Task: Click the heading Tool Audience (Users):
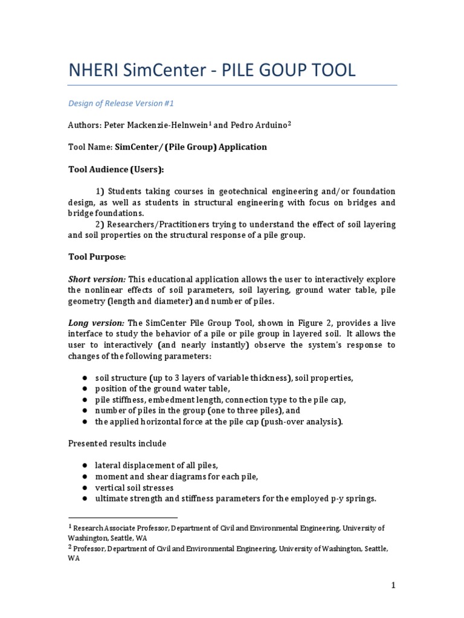click(115, 169)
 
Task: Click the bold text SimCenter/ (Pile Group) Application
click(191, 147)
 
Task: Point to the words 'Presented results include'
click(117, 444)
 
